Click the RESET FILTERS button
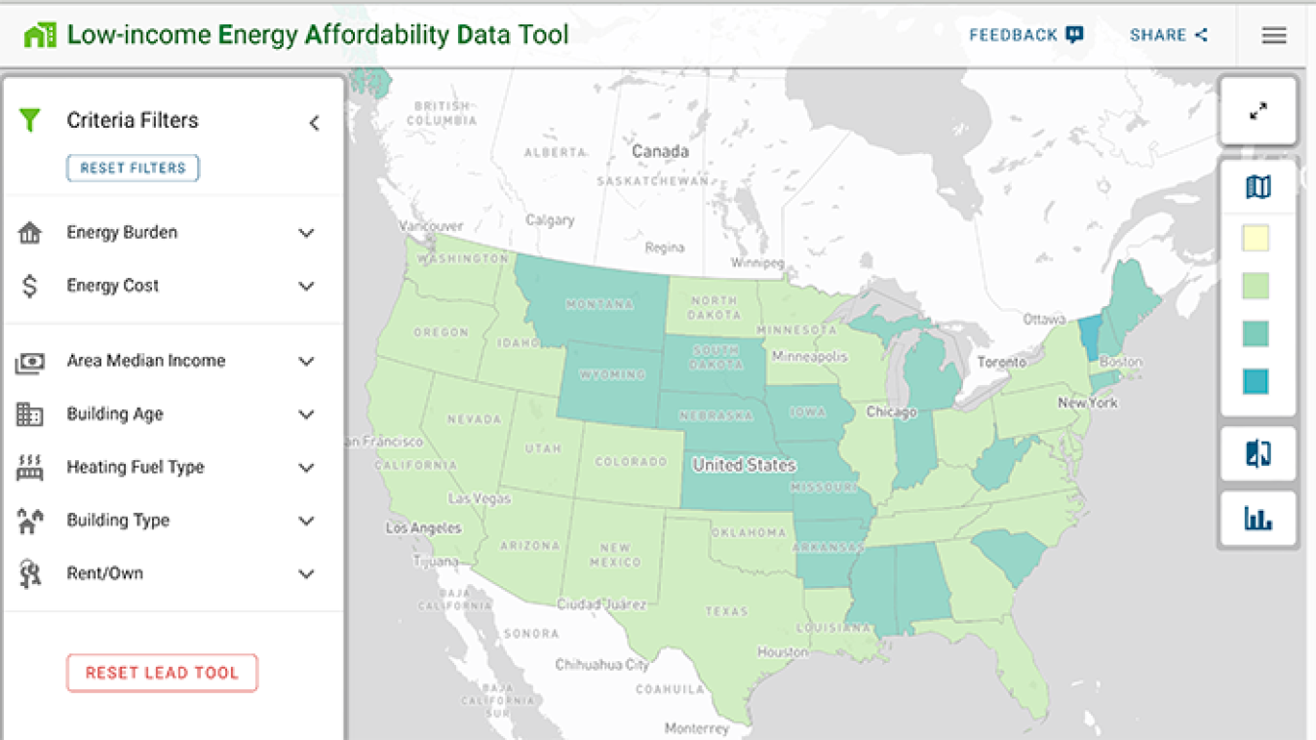[x=133, y=168]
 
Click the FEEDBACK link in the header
[x=1026, y=35]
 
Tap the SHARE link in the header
[x=1168, y=35]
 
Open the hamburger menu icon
[x=1274, y=35]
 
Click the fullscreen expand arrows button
[x=1258, y=111]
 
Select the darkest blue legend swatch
[x=1256, y=381]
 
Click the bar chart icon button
[x=1258, y=519]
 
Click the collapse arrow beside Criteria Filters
[x=314, y=123]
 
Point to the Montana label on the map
[x=599, y=304]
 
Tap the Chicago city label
[x=891, y=412]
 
